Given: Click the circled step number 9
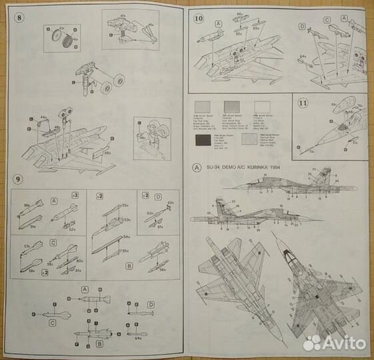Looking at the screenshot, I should [19, 179].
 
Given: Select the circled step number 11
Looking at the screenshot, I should [303, 103].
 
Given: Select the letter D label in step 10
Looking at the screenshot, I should [301, 27].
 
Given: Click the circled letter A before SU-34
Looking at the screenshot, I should [196, 167].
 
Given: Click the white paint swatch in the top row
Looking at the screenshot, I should [262, 106].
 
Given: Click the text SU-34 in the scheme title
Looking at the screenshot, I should [214, 167].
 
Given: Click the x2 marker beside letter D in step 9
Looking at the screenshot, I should [145, 195].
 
